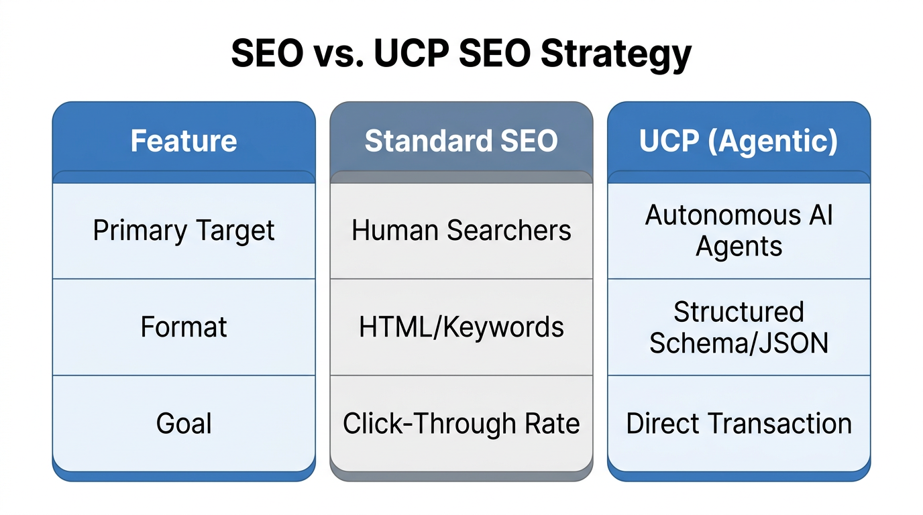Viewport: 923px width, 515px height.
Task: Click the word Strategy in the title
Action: click(x=616, y=54)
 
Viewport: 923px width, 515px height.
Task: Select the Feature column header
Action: click(x=184, y=141)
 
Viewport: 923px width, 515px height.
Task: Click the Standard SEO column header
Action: click(x=461, y=141)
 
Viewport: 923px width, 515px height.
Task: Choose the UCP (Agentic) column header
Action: click(x=739, y=141)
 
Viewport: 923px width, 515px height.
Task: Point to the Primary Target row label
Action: click(x=184, y=231)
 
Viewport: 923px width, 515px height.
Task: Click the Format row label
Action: click(x=184, y=327)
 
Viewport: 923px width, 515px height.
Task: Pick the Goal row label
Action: click(x=184, y=424)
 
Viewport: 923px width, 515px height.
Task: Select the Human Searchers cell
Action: click(x=461, y=231)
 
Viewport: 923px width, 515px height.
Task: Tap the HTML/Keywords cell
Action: click(x=461, y=327)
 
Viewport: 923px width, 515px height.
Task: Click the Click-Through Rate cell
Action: click(x=461, y=424)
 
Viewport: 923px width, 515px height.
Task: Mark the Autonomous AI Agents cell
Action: click(x=739, y=231)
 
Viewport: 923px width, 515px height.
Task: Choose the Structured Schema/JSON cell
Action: click(x=739, y=327)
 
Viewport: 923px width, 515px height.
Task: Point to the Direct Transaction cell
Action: click(x=739, y=424)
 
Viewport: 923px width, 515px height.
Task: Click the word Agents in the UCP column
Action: click(x=739, y=247)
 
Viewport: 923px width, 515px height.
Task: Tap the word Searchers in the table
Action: click(x=509, y=231)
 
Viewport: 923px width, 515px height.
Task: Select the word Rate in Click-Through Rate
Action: click(x=553, y=424)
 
